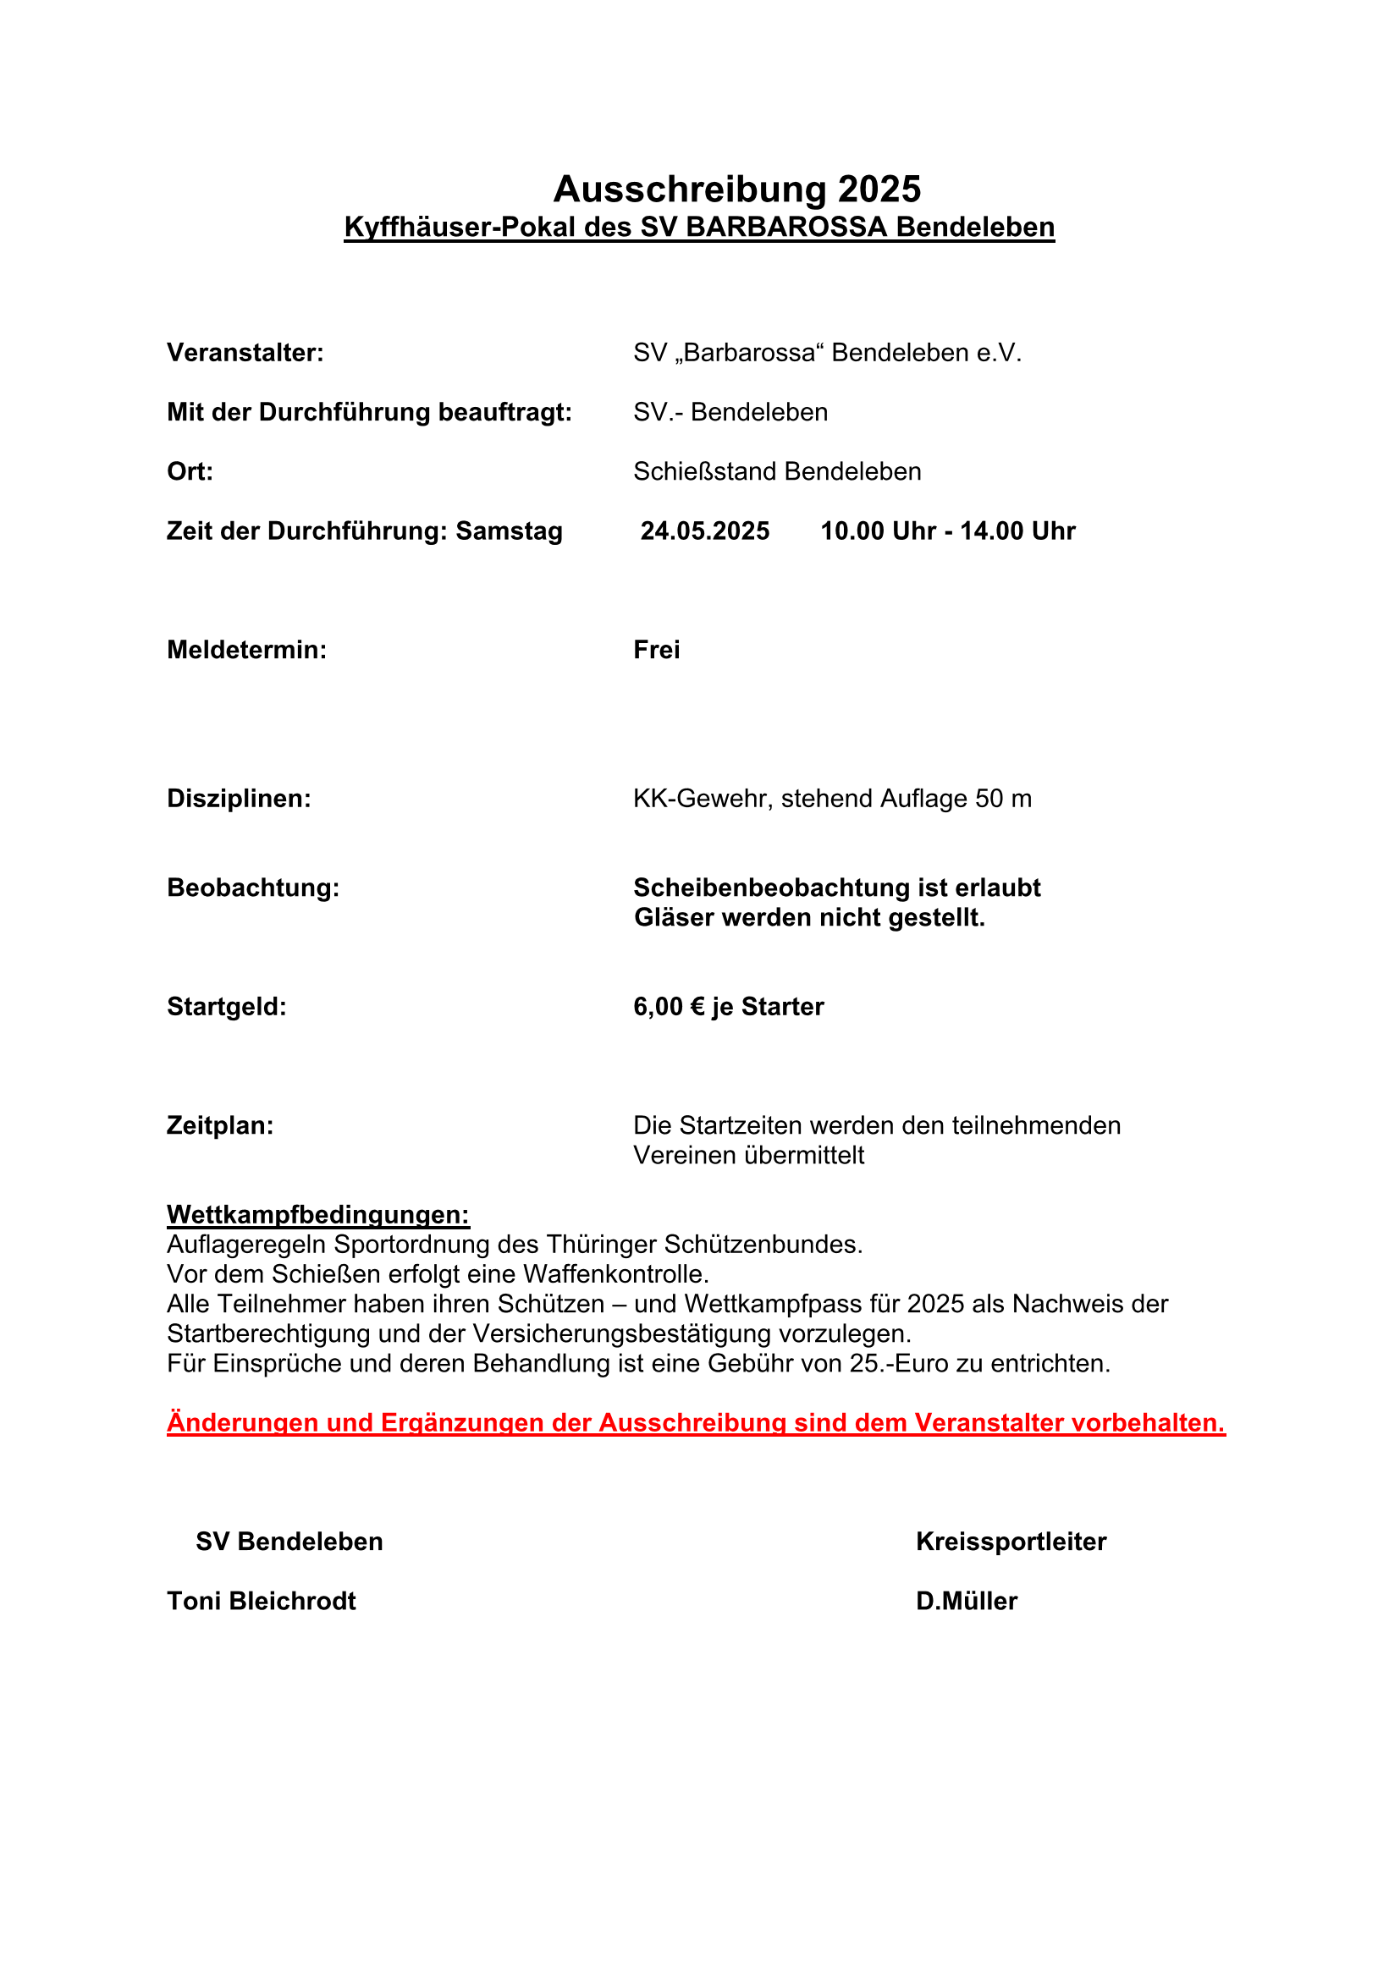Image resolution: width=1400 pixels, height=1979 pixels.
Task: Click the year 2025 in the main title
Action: [x=879, y=189]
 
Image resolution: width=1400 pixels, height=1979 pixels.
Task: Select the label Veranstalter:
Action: [x=245, y=353]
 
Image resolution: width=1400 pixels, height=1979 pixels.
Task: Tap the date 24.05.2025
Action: [x=704, y=531]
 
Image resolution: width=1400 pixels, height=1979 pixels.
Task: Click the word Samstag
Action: [x=509, y=531]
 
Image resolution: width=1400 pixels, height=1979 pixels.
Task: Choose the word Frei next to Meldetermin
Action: [x=656, y=650]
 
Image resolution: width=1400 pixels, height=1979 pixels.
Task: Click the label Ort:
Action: [x=190, y=471]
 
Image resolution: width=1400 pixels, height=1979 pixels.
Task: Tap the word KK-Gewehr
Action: [x=702, y=799]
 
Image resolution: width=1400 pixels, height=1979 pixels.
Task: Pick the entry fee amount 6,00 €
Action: [x=669, y=1007]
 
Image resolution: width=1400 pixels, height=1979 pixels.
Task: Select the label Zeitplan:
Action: [x=220, y=1125]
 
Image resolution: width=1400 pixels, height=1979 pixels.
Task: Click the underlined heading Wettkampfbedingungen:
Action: [x=318, y=1214]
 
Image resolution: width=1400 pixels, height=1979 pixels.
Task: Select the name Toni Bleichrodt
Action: [x=262, y=1601]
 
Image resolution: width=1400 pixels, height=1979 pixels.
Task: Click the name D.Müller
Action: [x=967, y=1601]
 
